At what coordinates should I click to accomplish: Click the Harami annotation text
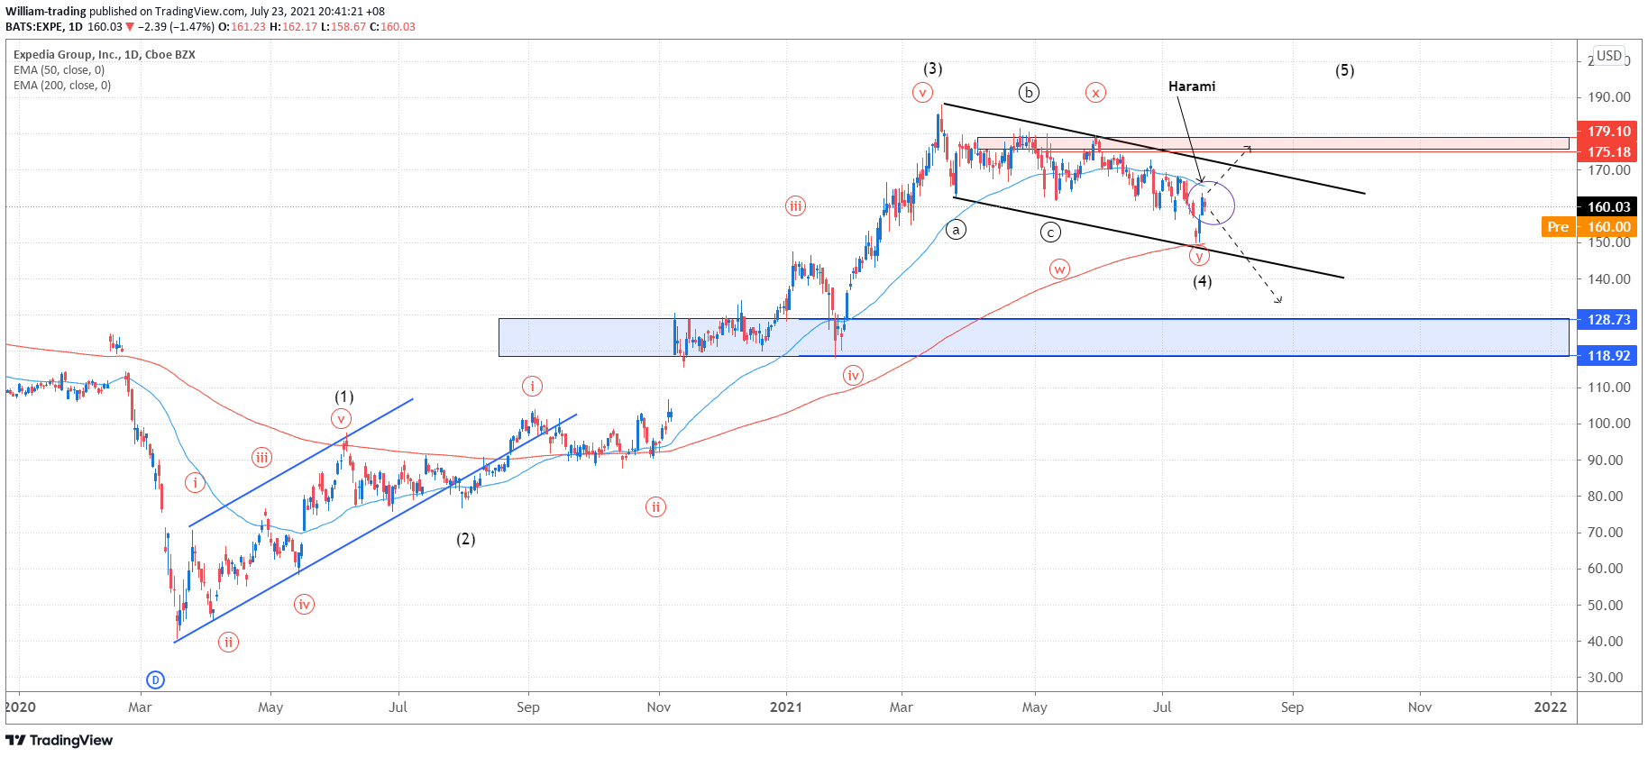1191,87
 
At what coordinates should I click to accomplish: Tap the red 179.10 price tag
1608,132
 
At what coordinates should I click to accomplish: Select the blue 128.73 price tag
1608,320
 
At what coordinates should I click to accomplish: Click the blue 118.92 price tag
1608,356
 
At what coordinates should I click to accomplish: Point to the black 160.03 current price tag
1608,207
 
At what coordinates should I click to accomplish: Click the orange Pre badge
1558,227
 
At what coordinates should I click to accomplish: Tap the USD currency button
1609,56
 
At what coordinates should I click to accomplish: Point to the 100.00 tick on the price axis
1609,424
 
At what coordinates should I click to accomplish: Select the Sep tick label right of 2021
1292,707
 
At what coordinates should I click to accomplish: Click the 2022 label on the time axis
1550,707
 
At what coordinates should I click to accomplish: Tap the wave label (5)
1344,70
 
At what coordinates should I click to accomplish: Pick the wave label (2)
465,539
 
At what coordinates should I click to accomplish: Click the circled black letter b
1029,92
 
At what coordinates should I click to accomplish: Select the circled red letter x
1095,92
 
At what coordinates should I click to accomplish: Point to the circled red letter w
1059,269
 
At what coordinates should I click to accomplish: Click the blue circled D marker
155,680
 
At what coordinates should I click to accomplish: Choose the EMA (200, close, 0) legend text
62,86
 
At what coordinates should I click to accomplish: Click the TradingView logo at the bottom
60,741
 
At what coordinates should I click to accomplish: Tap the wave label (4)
1202,281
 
